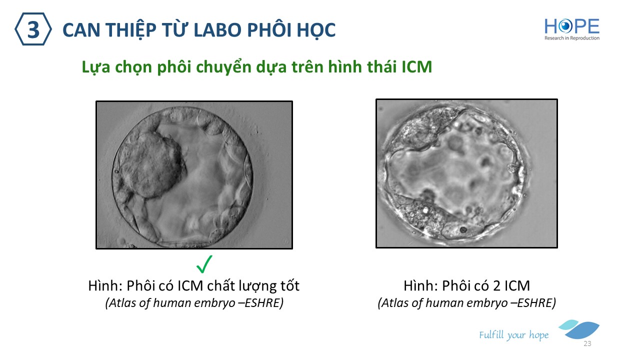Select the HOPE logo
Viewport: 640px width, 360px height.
coord(571,29)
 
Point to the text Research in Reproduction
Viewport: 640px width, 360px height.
coord(571,38)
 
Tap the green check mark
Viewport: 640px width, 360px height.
coord(204,264)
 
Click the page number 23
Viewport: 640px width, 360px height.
coord(587,343)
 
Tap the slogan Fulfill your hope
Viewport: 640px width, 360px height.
coord(513,335)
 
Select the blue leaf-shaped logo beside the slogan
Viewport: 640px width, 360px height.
coord(579,329)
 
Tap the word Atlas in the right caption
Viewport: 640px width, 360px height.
coord(395,303)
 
